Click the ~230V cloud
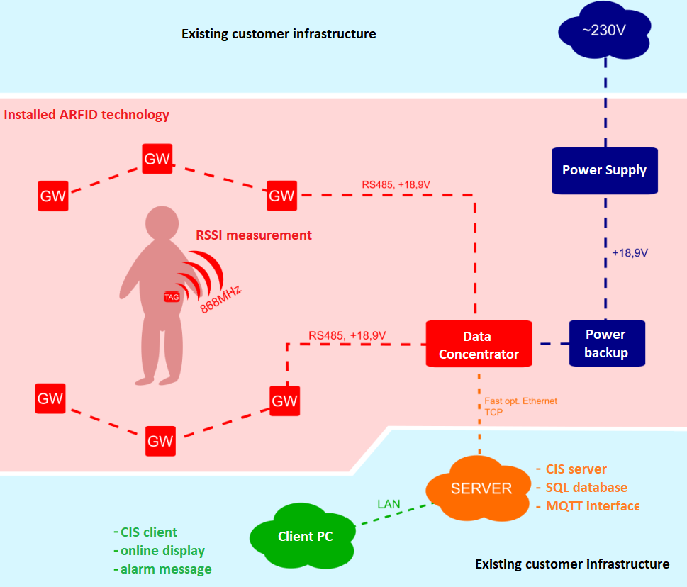pyautogui.click(x=604, y=32)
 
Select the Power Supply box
pyautogui.click(x=604, y=170)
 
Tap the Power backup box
pyautogui.click(x=606, y=343)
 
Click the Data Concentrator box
pyautogui.click(x=479, y=345)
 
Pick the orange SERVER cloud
pyautogui.click(x=481, y=488)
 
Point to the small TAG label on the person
pyautogui.click(x=172, y=297)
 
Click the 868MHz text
pyautogui.click(x=221, y=298)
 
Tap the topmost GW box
pyautogui.click(x=157, y=159)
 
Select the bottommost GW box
pyautogui.click(x=160, y=441)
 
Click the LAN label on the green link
pyautogui.click(x=389, y=504)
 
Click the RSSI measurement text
pyautogui.click(x=254, y=235)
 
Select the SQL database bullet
pyautogui.click(x=586, y=488)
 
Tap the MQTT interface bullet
pyautogui.click(x=592, y=506)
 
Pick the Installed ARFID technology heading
pyautogui.click(x=86, y=114)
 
